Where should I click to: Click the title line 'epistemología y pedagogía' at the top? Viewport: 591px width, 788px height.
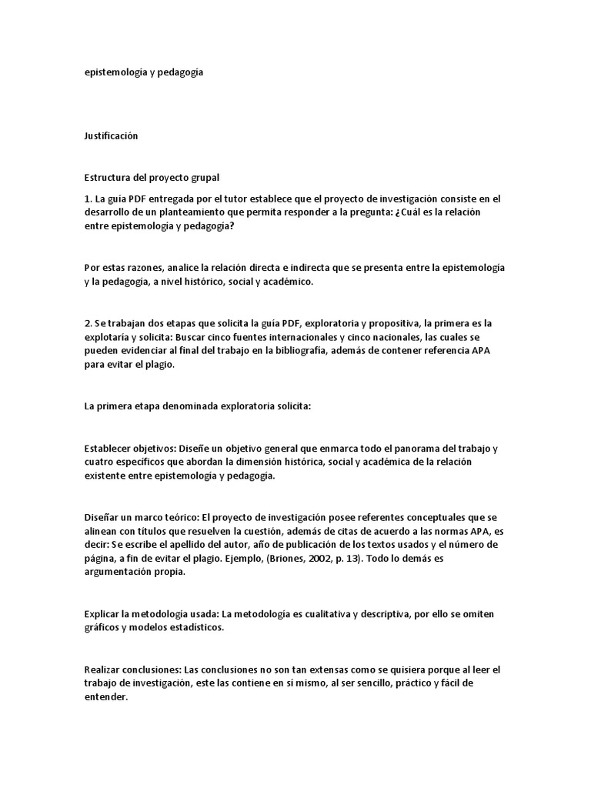tap(144, 72)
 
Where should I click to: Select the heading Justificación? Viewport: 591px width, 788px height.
tap(111, 135)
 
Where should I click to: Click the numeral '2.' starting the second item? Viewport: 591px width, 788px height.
tap(88, 324)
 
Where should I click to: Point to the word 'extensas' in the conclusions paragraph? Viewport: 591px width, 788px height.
tap(230, 669)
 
